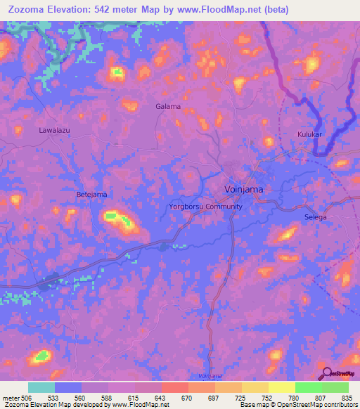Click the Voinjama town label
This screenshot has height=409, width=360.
243,190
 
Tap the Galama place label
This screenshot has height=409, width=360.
168,107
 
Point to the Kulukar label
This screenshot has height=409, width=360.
310,134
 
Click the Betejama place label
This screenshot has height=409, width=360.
91,193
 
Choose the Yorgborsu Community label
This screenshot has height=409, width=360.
206,207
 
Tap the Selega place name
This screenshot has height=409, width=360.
316,218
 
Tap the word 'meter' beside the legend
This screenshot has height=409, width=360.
11,397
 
